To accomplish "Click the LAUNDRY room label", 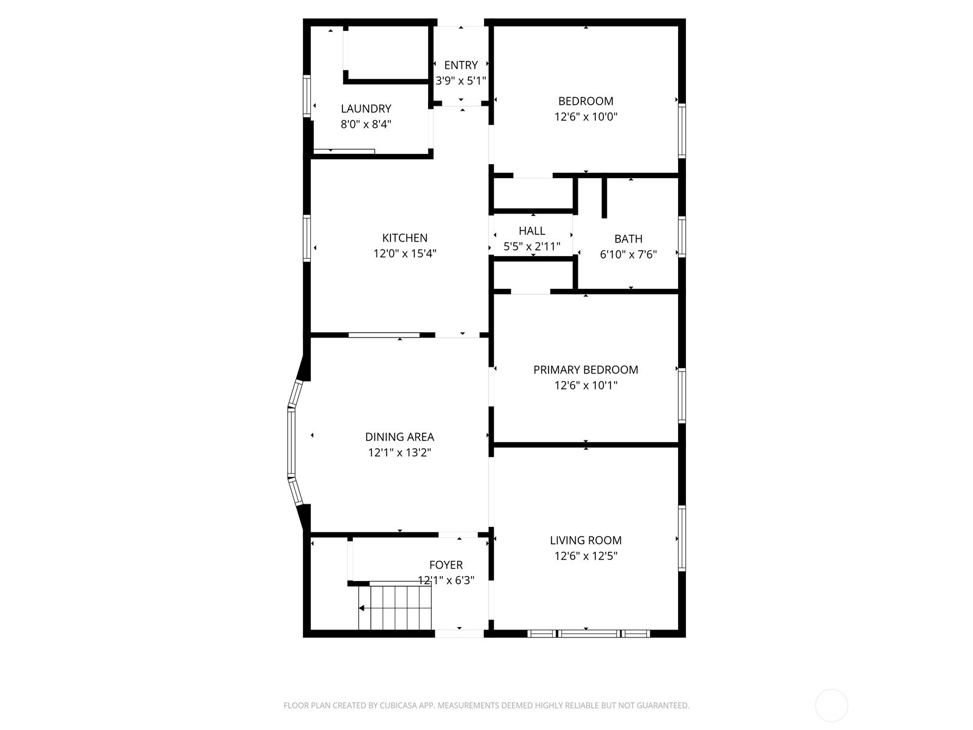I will (x=365, y=109).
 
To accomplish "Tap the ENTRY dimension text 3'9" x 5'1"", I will (x=460, y=80).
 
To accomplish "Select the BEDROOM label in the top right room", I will (x=586, y=101).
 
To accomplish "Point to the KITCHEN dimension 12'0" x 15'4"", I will (x=404, y=254).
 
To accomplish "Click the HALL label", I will (x=532, y=231).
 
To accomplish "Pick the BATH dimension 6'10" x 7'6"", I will (x=628, y=255).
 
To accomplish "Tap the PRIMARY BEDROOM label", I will (x=586, y=370).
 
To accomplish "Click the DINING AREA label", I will (x=400, y=437).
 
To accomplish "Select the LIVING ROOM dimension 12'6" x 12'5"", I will (x=586, y=556).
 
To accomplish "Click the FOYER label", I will (x=446, y=565).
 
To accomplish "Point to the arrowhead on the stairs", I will (x=362, y=608).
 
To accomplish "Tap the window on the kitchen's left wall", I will (x=307, y=238).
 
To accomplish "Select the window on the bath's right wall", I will (x=682, y=237).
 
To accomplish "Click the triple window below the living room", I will (x=588, y=633).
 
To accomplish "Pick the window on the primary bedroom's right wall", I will (x=682, y=395).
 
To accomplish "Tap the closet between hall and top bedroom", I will (x=533, y=194).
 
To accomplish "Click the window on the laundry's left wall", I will (x=307, y=96).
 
